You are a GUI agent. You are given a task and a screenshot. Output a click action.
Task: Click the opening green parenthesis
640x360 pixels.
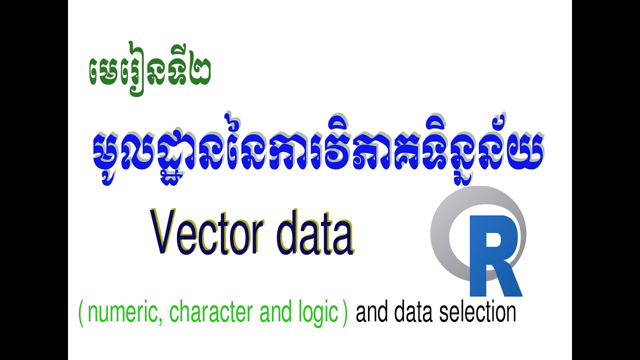click(x=81, y=314)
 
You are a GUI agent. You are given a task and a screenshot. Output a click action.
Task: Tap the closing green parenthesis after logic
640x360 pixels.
click(x=344, y=314)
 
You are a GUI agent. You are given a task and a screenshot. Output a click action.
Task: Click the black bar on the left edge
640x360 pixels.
click(x=33, y=180)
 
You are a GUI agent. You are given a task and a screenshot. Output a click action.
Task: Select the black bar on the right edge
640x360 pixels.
click(x=606, y=180)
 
